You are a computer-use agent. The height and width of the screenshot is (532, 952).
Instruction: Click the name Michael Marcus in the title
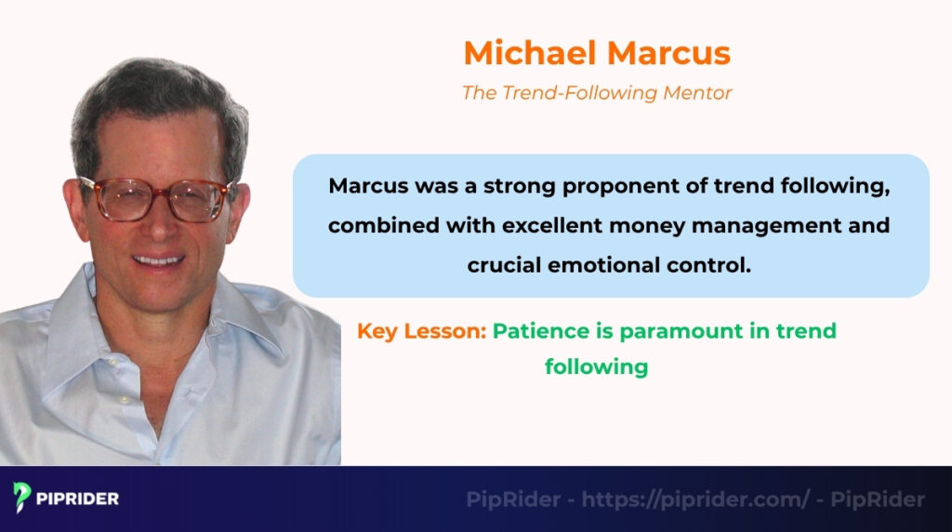(x=597, y=53)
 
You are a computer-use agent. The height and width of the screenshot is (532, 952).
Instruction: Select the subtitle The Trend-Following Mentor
(x=597, y=93)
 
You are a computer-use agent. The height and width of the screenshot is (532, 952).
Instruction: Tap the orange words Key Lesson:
(x=421, y=331)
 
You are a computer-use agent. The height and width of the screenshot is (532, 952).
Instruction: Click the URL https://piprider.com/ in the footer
(x=695, y=499)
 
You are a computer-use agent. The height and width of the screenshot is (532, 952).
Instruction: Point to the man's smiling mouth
(x=159, y=259)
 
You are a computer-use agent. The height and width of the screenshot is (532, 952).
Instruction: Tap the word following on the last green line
(x=596, y=366)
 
